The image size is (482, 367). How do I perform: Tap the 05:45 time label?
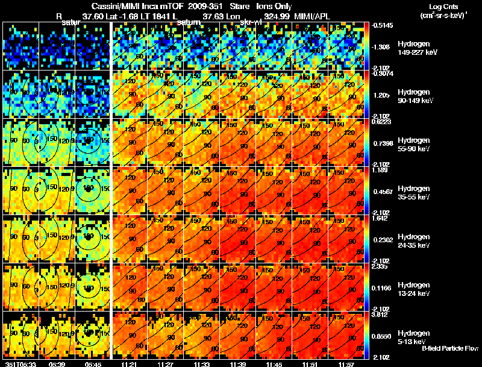click(93, 363)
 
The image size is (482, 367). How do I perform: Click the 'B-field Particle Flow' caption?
click(450, 348)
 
